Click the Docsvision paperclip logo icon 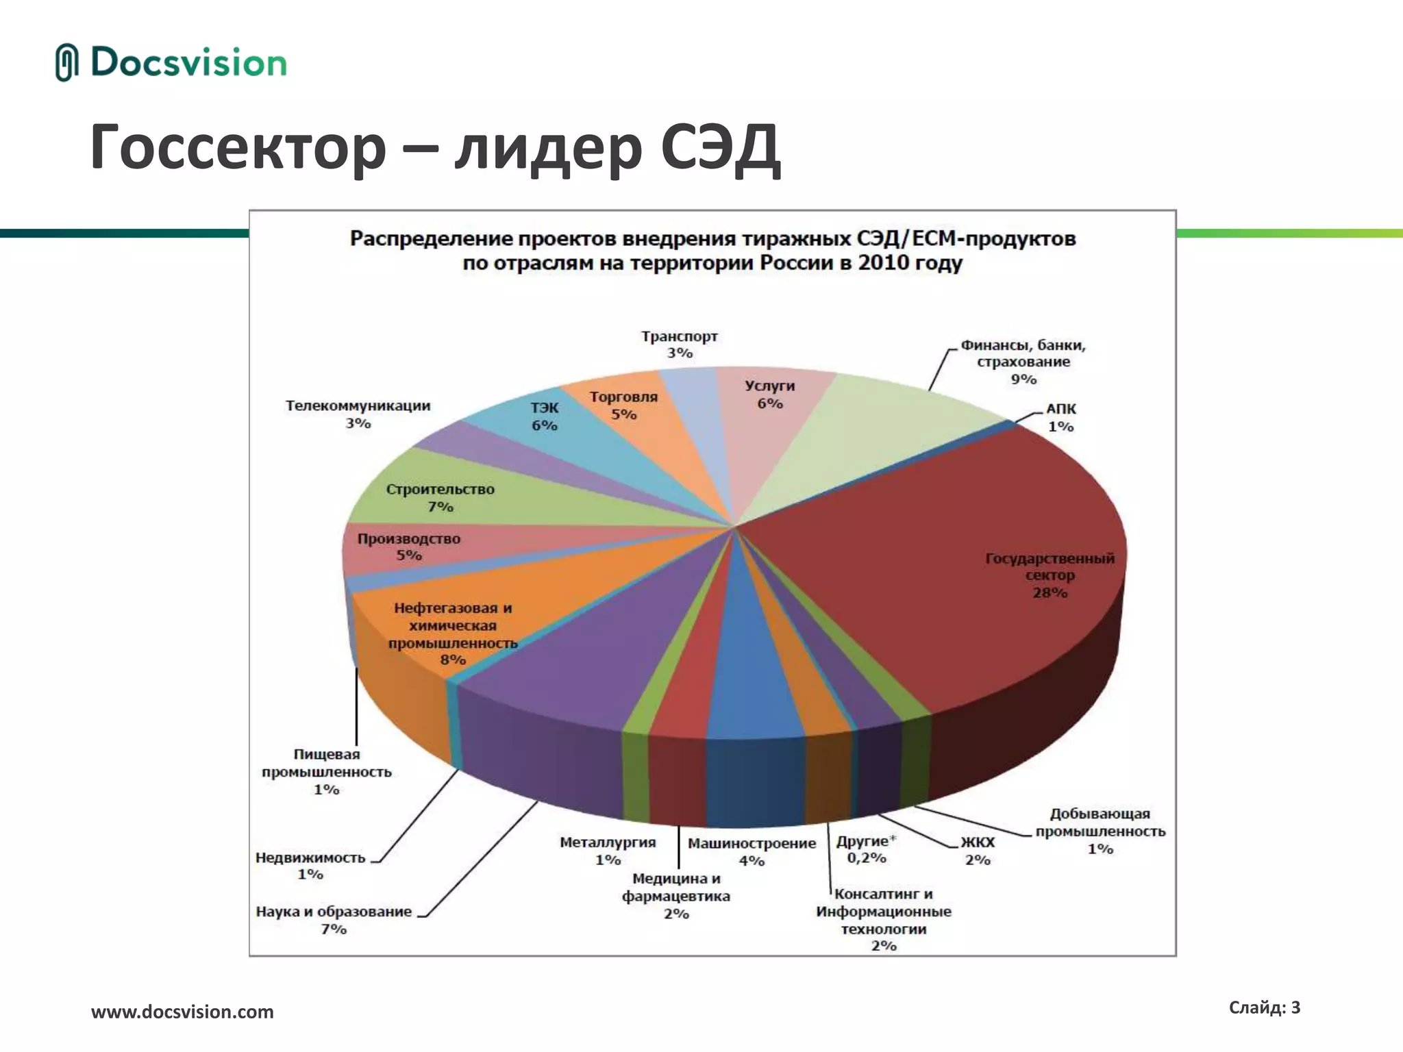coord(66,62)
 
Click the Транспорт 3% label coord(680,345)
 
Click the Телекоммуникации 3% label coord(358,414)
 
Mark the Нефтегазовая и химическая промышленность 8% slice coord(453,634)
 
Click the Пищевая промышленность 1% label coord(327,772)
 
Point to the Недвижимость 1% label coord(310,866)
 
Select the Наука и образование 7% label coord(334,920)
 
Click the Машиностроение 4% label coord(752,851)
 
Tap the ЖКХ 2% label coord(978,851)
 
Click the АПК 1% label coord(1060,417)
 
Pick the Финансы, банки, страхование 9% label coord(1023,362)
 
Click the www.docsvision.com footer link coord(182,1012)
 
